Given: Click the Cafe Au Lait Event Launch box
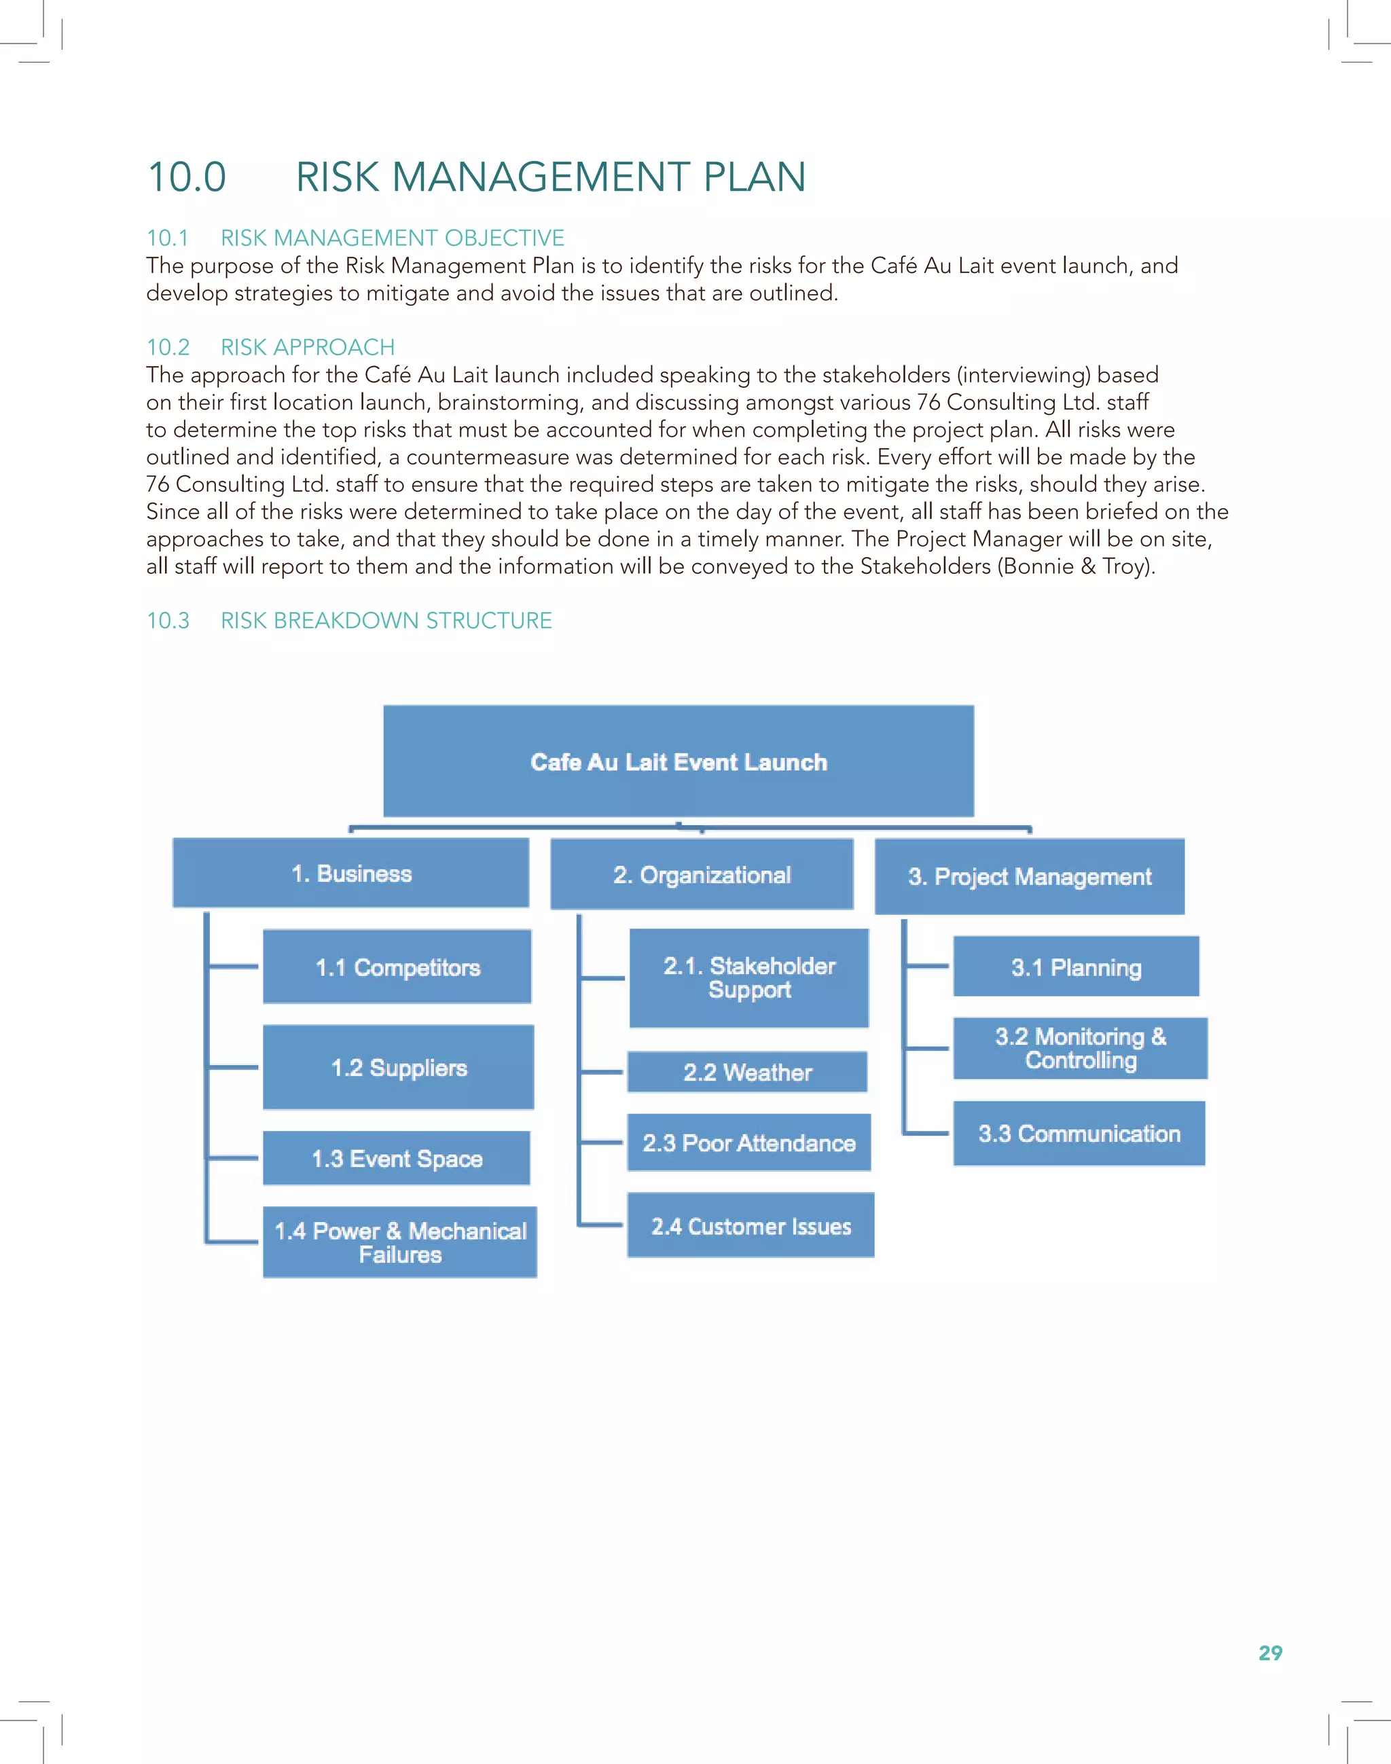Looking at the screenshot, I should point(679,761).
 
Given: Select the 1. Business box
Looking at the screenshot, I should point(351,873).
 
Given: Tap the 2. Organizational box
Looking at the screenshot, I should point(702,875).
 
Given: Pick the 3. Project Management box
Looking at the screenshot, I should point(1030,876).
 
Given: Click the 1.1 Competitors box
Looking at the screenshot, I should point(397,967).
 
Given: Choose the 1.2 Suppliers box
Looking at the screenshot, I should point(398,1068).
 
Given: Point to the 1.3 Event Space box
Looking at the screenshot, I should point(397,1158).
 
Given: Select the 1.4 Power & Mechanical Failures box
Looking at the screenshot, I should point(400,1242).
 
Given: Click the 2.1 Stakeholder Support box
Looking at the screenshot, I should point(749,978).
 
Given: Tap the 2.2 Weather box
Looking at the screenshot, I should point(748,1072).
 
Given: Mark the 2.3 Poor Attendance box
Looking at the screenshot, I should point(749,1142).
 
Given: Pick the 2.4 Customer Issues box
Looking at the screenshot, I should point(751,1225).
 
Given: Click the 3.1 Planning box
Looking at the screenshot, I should point(1076,967).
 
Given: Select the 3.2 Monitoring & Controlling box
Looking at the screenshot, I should point(1081,1048).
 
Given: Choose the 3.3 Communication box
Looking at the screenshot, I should point(1079,1134).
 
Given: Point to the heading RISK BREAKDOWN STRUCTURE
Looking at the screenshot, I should point(386,621).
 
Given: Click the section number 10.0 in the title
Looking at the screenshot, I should point(187,177).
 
